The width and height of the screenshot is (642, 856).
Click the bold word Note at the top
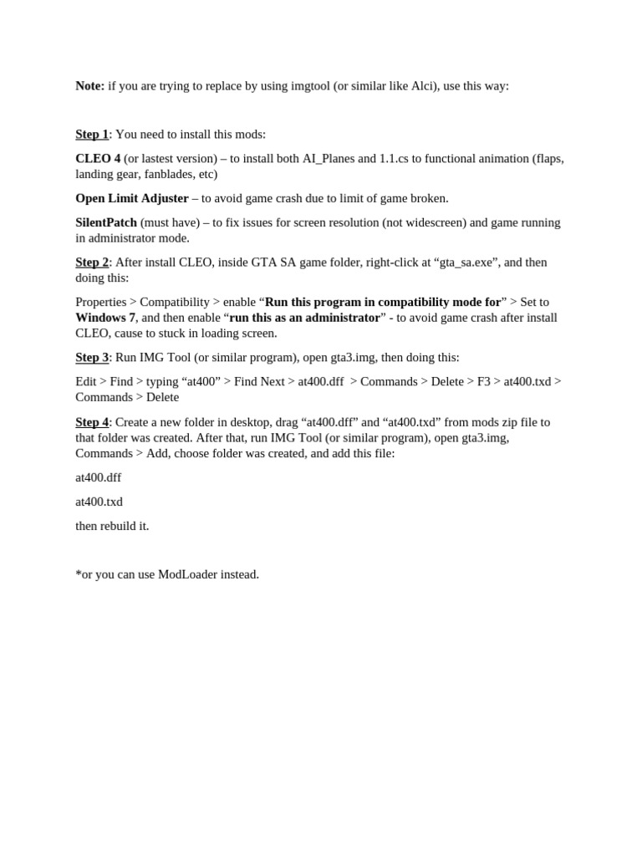pyautogui.click(x=89, y=86)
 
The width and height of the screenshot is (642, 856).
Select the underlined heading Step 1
pyautogui.click(x=92, y=135)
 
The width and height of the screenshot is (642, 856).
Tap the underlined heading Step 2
pyautogui.click(x=92, y=262)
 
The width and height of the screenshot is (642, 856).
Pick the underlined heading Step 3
pyautogui.click(x=92, y=358)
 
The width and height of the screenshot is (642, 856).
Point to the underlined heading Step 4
pyautogui.click(x=92, y=422)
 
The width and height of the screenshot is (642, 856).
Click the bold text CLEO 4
pyautogui.click(x=98, y=159)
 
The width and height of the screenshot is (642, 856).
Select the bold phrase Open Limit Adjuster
pyautogui.click(x=132, y=199)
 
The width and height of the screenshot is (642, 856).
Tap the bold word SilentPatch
pyautogui.click(x=106, y=222)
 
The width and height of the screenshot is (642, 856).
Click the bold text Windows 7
pyautogui.click(x=105, y=318)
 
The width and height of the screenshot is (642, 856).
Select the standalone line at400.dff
pyautogui.click(x=99, y=478)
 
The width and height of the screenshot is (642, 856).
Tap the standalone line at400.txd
pyautogui.click(x=99, y=502)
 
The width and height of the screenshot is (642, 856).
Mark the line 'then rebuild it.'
pyautogui.click(x=112, y=527)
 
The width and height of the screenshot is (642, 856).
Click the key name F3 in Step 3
pyautogui.click(x=483, y=382)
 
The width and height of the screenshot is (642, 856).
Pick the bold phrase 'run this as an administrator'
pyautogui.click(x=304, y=318)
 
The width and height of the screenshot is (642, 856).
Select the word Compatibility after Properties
pyautogui.click(x=175, y=303)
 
